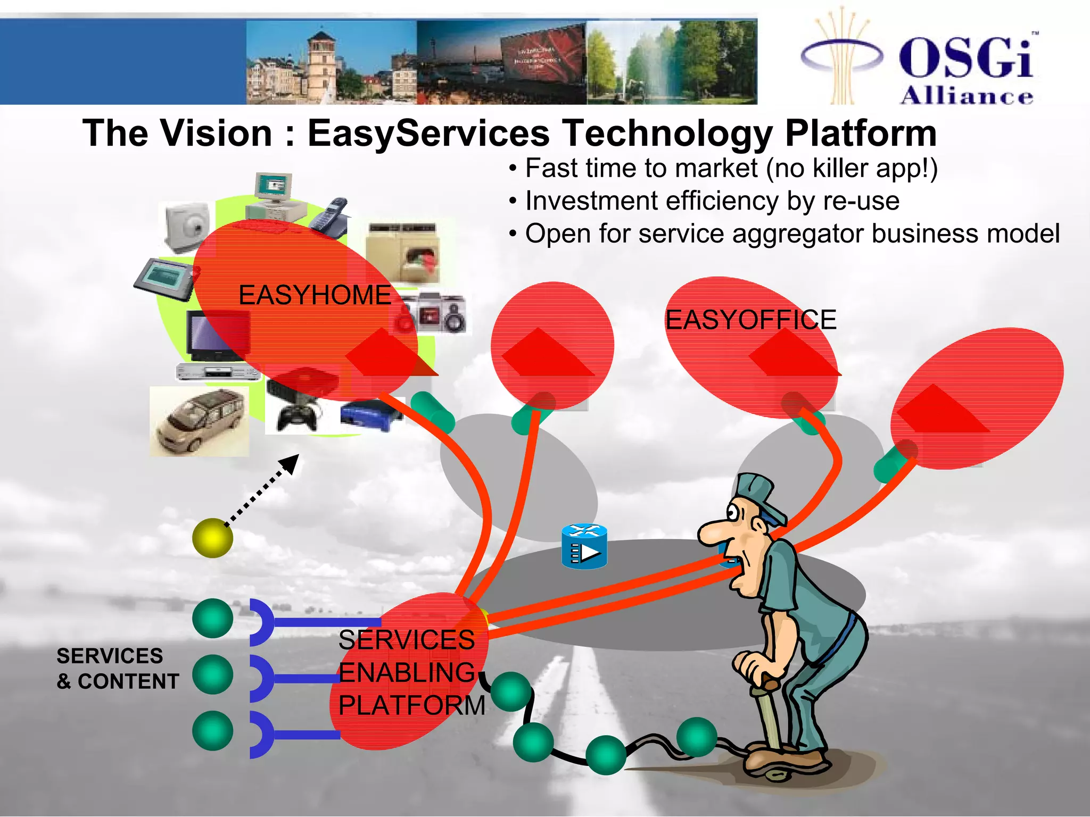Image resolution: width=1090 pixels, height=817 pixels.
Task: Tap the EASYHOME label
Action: click(315, 295)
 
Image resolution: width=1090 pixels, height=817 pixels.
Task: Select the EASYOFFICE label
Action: click(751, 320)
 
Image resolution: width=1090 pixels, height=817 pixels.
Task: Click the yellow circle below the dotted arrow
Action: click(212, 538)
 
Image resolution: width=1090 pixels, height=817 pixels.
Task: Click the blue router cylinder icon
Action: click(584, 546)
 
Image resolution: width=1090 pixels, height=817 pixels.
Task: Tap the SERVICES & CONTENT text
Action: click(117, 669)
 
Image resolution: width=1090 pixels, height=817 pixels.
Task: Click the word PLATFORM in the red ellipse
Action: click(411, 706)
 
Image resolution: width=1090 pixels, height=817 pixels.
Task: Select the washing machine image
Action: click(403, 253)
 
